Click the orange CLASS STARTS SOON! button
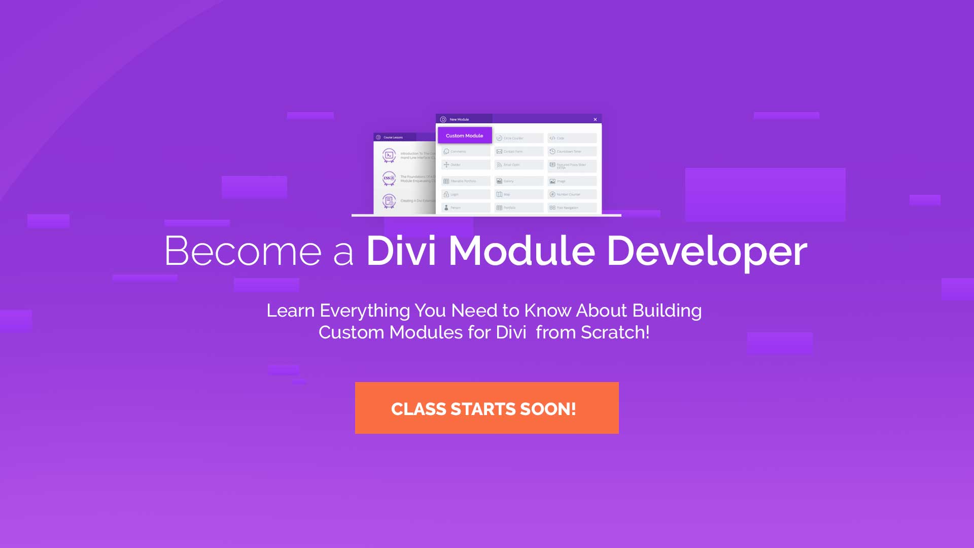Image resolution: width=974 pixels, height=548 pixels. tap(486, 408)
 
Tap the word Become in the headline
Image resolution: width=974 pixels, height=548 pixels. tap(242, 251)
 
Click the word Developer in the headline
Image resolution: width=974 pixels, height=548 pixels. tap(707, 251)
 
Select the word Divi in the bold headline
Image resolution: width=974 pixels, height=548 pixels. tap(401, 251)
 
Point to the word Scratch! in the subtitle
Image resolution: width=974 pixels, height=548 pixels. tap(615, 332)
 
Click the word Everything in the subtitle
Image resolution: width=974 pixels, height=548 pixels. tap(364, 311)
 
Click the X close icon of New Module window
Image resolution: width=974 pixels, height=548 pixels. tap(595, 120)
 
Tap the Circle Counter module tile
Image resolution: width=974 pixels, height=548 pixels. tap(518, 138)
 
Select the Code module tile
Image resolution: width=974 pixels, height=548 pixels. tap(572, 138)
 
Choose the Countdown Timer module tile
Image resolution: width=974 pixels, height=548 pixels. tap(572, 151)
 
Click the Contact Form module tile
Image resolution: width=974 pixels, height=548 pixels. tap(518, 151)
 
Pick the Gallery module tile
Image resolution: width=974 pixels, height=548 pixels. tap(518, 181)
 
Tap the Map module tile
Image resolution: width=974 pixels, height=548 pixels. tap(518, 194)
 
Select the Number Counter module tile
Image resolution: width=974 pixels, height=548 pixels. tap(572, 194)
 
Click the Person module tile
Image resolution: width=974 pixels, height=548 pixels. tap(465, 208)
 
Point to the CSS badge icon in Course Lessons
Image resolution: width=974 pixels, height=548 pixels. tap(389, 178)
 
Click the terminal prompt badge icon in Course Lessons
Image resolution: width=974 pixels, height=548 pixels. tap(389, 155)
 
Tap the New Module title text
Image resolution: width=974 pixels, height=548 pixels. tap(459, 120)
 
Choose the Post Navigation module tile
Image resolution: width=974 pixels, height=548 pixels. tap(572, 208)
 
